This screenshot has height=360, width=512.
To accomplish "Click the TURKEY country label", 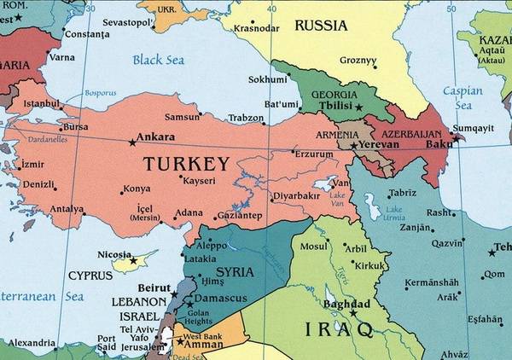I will click(186, 163).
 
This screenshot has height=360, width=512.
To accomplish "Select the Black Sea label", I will click(158, 60).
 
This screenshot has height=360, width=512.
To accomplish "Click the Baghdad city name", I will click(347, 305).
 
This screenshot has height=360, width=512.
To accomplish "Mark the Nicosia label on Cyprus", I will click(114, 254).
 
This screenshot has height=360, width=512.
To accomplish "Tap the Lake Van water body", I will click(325, 183).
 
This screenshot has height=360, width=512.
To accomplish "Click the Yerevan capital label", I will click(380, 145).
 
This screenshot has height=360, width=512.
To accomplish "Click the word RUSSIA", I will click(321, 25).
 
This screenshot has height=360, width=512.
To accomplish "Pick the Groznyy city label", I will click(358, 61).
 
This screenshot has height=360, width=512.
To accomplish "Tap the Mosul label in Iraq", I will click(314, 247).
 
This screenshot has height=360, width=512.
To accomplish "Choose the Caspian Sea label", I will click(463, 96).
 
